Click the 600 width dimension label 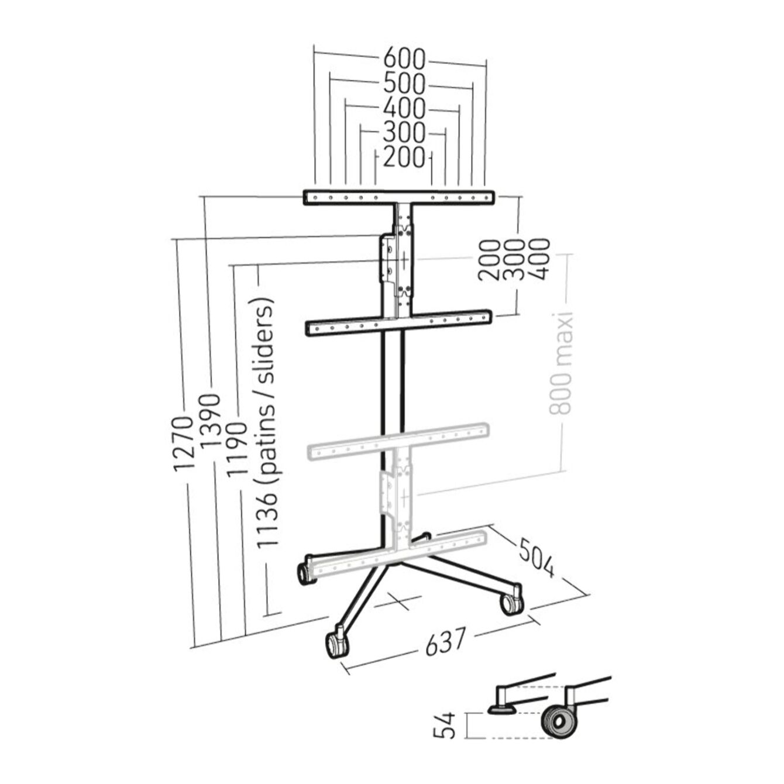[404, 59]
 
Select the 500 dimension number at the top [404, 84]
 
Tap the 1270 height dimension [183, 444]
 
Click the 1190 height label [237, 450]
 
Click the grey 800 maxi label [561, 363]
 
